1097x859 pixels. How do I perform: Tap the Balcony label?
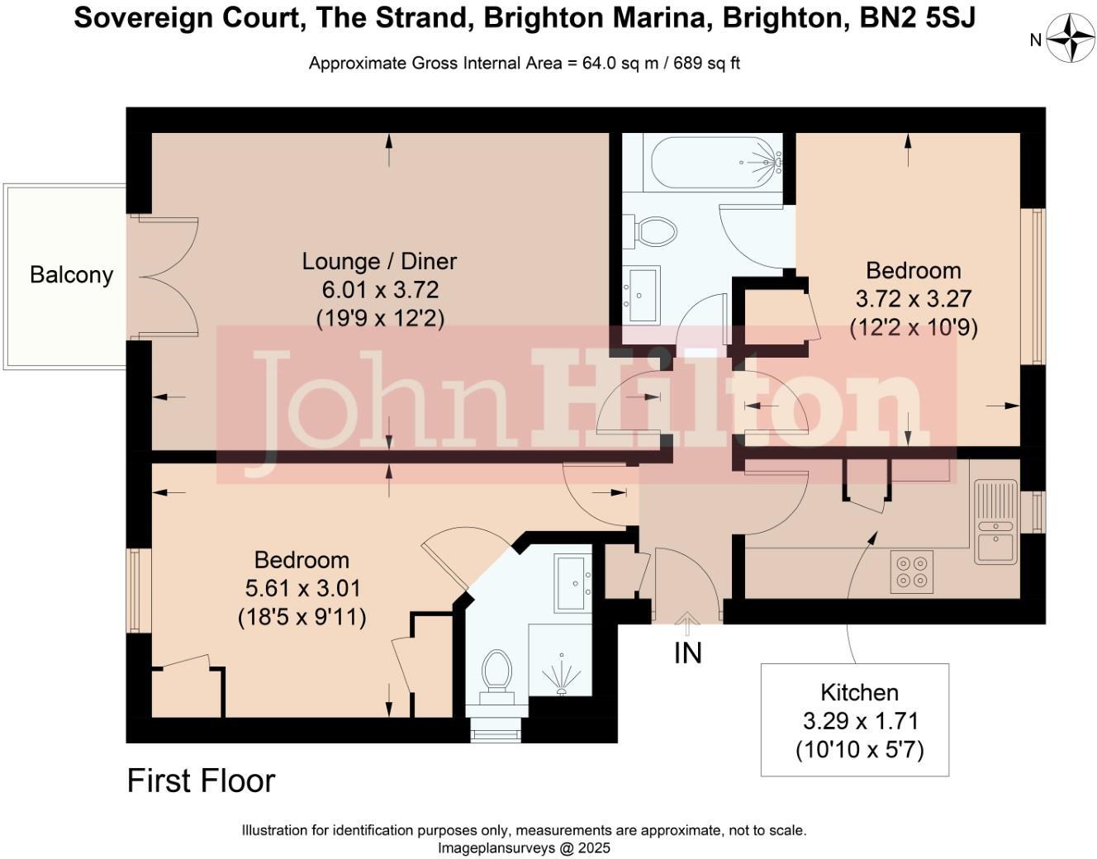(x=71, y=275)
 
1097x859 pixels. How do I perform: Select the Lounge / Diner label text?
(x=379, y=261)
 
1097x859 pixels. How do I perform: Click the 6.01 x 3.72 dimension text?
(x=380, y=290)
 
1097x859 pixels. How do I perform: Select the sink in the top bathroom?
(x=643, y=294)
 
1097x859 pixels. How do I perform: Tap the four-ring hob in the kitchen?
(x=912, y=572)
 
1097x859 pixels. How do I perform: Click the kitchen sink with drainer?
(x=995, y=522)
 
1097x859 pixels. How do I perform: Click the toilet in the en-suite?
(x=496, y=671)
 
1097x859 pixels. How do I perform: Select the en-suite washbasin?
(x=572, y=583)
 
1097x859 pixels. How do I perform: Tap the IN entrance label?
(x=687, y=653)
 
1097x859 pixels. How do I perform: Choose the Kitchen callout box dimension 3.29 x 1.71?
(x=860, y=721)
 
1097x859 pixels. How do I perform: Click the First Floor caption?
(x=201, y=781)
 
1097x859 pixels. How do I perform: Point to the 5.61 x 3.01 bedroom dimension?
(x=302, y=588)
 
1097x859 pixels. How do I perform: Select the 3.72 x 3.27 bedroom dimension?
(x=913, y=299)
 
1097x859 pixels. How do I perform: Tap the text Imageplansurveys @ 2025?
(x=524, y=847)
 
